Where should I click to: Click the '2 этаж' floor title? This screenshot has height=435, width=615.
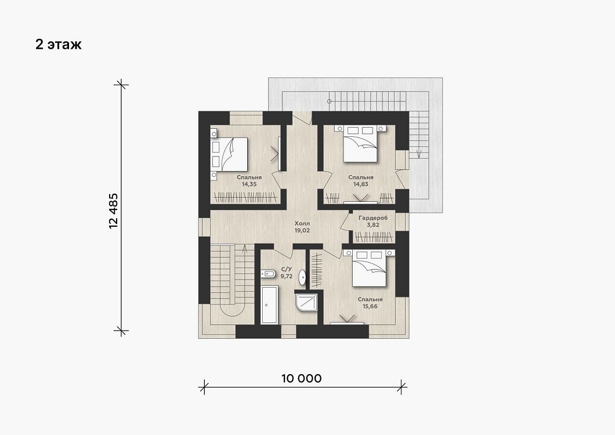point(59,44)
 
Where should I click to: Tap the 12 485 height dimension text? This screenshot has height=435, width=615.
point(113,211)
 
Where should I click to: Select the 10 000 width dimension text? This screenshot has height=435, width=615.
point(301,379)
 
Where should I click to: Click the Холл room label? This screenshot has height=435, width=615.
point(302,223)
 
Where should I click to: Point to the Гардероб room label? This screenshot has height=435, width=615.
point(373,218)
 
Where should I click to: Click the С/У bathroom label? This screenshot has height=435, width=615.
point(286,269)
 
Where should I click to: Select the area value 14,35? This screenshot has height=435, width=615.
point(249,184)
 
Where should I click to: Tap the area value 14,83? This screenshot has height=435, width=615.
point(361,184)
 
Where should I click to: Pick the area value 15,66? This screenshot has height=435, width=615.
point(370,306)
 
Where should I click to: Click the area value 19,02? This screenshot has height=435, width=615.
point(302,230)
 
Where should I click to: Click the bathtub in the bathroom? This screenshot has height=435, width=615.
point(269,304)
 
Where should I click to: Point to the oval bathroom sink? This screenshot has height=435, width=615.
point(302,277)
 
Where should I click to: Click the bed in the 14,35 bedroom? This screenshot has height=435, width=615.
point(229,154)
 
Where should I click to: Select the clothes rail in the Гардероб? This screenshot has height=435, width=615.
point(374,237)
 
